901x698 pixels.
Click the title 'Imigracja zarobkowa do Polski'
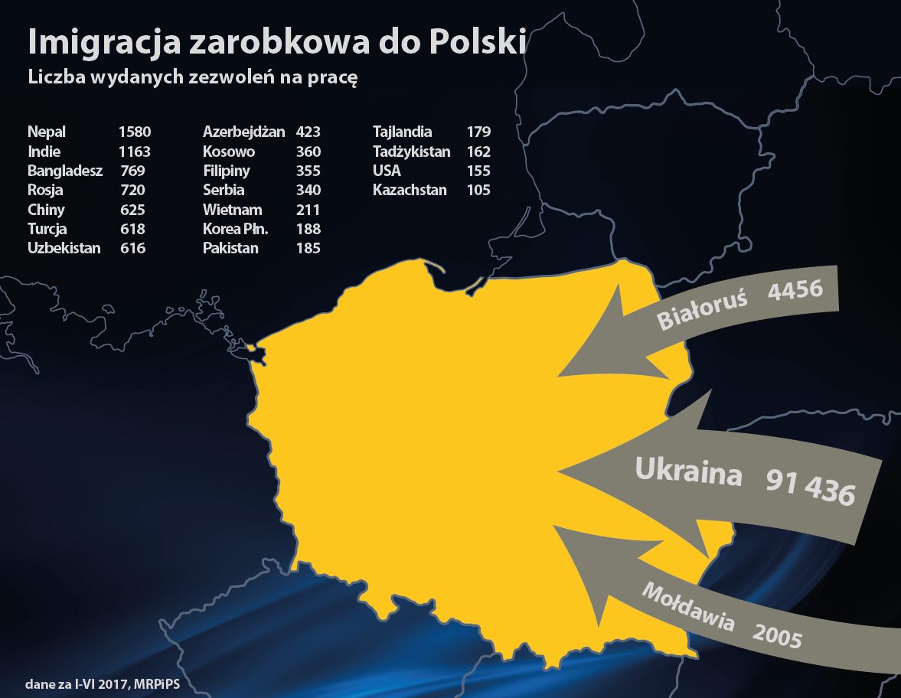click(276, 43)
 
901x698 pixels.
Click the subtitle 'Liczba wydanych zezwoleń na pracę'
click(193, 79)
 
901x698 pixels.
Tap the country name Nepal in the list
click(47, 132)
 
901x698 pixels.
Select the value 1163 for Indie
click(135, 152)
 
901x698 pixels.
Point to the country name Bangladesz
click(65, 171)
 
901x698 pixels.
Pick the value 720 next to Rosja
click(132, 190)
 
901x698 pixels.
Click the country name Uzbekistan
click(64, 248)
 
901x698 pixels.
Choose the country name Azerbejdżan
click(243, 132)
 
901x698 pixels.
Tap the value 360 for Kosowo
click(308, 152)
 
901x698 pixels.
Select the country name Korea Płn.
click(235, 229)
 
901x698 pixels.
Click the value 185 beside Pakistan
click(308, 248)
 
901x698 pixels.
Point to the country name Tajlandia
click(403, 132)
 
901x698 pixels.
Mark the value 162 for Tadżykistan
click(478, 152)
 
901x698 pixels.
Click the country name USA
click(387, 171)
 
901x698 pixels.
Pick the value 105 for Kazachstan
click(478, 190)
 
